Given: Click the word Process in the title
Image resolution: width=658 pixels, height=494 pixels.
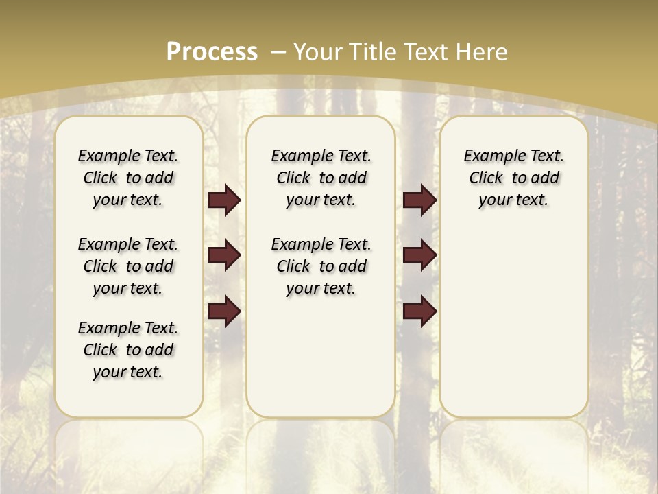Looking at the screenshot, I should (x=212, y=52).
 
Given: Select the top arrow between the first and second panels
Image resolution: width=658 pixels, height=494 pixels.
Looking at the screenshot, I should (x=224, y=200).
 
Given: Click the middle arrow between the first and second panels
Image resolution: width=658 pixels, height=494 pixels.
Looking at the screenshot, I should (x=224, y=255).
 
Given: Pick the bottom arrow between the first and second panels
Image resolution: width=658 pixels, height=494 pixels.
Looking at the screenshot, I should (x=224, y=311).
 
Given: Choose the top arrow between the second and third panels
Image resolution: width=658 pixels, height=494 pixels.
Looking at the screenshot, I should (x=419, y=200).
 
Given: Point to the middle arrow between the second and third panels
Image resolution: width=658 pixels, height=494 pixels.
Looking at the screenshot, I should (x=419, y=255).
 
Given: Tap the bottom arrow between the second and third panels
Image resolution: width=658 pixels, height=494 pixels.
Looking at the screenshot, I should (x=419, y=311).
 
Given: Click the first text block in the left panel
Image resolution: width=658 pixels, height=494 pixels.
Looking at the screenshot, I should (x=128, y=178).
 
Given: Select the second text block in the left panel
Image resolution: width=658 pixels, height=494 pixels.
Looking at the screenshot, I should (x=128, y=266).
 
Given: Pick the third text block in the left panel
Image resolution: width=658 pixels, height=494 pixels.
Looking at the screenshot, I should (x=128, y=350).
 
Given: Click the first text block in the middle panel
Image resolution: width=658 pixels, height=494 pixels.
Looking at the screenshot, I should (x=321, y=178).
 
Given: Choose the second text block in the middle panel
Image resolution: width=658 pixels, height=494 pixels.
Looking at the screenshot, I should (x=321, y=266).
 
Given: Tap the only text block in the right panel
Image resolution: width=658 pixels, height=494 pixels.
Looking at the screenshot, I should (x=513, y=178).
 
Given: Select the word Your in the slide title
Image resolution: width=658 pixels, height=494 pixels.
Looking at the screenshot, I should (x=319, y=52).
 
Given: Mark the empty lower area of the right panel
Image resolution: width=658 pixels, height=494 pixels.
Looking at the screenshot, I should (x=513, y=322).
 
